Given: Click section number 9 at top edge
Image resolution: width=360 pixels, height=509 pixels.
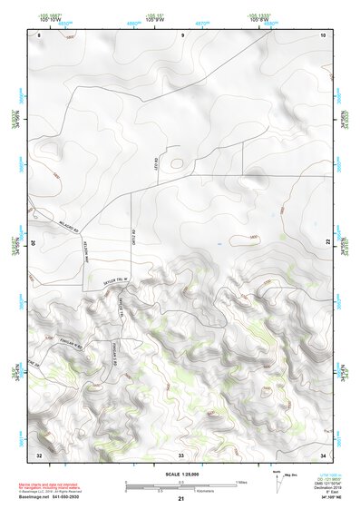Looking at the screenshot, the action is [x=183, y=34].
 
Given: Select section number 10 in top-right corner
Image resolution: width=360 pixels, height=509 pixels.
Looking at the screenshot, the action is [x=322, y=34].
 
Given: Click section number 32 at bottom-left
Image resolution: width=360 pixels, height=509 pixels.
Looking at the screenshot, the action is [x=38, y=453].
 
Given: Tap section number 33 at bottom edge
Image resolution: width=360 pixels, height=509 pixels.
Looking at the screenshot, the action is [x=180, y=453].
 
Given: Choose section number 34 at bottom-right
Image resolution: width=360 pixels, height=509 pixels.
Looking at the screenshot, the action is [x=323, y=453].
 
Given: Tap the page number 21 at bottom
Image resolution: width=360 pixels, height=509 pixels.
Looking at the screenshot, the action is [x=180, y=498].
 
